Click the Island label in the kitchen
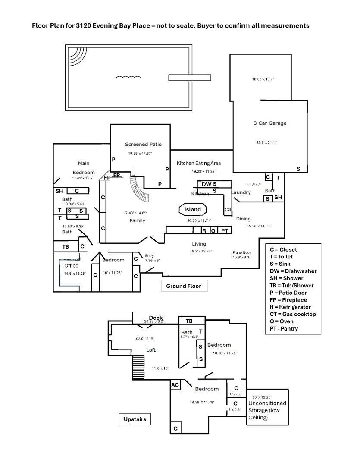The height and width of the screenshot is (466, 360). click(192, 210)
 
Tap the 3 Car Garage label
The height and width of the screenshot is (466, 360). click(270, 123)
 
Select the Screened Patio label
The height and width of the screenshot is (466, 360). click(143, 144)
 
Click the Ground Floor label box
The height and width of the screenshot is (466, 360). click(184, 286)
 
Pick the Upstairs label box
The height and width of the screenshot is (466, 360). click(135, 419)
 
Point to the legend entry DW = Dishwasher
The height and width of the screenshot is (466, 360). click(293, 271)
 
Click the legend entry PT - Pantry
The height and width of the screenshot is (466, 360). click(284, 328)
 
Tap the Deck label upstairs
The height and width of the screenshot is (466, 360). click(156, 318)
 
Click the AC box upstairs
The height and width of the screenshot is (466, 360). click(175, 385)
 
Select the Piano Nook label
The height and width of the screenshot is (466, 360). click(242, 252)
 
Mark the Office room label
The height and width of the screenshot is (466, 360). click(72, 266)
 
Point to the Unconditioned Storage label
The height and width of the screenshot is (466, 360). click(266, 410)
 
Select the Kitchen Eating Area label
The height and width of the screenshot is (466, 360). click(199, 163)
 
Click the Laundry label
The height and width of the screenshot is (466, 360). click(241, 192)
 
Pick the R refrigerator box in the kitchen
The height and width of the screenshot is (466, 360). click(204, 231)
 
